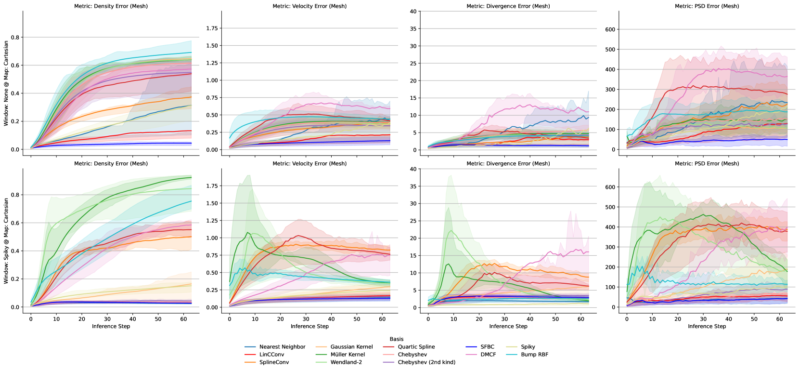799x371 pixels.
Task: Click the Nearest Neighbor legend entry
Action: [x=282, y=347]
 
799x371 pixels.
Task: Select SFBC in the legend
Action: [x=487, y=347]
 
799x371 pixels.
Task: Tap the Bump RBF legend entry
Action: [x=534, y=355]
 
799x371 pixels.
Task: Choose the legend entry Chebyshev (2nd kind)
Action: [x=426, y=362]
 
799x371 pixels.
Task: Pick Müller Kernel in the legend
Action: [x=348, y=355]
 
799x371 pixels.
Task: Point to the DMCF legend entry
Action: [x=488, y=355]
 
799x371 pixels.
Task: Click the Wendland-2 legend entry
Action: [x=346, y=362]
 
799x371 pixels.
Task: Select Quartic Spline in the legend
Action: [x=416, y=347]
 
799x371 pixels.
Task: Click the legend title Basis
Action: [x=397, y=339]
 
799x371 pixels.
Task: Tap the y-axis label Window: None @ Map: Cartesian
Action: [x=6, y=83]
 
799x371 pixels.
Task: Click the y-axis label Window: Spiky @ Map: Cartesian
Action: [x=6, y=240]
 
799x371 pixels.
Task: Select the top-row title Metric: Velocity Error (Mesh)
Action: [x=309, y=6]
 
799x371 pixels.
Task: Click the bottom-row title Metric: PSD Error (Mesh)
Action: [x=707, y=164]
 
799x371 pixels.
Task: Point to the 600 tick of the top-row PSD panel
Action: [x=610, y=30]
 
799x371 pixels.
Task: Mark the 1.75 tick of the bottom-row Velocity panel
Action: [x=212, y=186]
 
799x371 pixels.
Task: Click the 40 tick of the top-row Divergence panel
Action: [x=413, y=12]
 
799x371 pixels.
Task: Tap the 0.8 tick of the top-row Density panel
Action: [x=15, y=38]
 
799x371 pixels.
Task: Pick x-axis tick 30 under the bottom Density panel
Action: [x=107, y=319]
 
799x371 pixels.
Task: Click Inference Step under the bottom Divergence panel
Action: [x=508, y=326]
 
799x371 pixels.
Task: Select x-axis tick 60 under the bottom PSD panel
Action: [x=779, y=319]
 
